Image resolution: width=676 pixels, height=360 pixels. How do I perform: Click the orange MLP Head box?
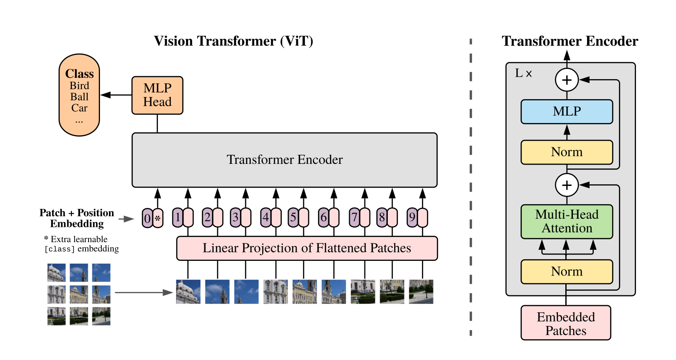[157, 95]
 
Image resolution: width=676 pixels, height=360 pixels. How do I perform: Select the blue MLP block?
[567, 111]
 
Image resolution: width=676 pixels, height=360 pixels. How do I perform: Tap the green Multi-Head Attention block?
[567, 222]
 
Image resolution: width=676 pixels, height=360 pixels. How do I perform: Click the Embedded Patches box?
[566, 323]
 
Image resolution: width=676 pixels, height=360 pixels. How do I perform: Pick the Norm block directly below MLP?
[567, 152]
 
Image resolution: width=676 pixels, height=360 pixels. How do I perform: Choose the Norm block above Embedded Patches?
[567, 271]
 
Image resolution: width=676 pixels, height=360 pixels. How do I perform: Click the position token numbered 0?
[147, 218]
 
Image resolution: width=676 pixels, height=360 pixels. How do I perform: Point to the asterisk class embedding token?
[158, 218]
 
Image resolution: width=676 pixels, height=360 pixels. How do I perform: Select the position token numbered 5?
[293, 217]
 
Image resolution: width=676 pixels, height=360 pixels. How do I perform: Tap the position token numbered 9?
[412, 217]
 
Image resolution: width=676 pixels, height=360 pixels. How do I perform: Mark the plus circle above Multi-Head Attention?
[567, 185]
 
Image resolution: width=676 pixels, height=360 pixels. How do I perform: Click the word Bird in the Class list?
[79, 86]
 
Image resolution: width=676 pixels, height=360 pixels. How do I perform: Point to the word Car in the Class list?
[79, 108]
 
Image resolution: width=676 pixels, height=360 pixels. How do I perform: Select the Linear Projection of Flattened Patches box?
[307, 249]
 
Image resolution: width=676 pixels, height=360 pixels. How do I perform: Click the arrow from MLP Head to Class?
[116, 95]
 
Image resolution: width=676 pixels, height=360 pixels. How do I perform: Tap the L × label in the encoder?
[523, 73]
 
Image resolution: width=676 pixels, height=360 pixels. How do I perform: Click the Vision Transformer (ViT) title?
[234, 41]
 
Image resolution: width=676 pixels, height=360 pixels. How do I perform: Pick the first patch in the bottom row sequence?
[188, 291]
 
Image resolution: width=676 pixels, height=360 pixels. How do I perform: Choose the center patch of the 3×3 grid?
[79, 294]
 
